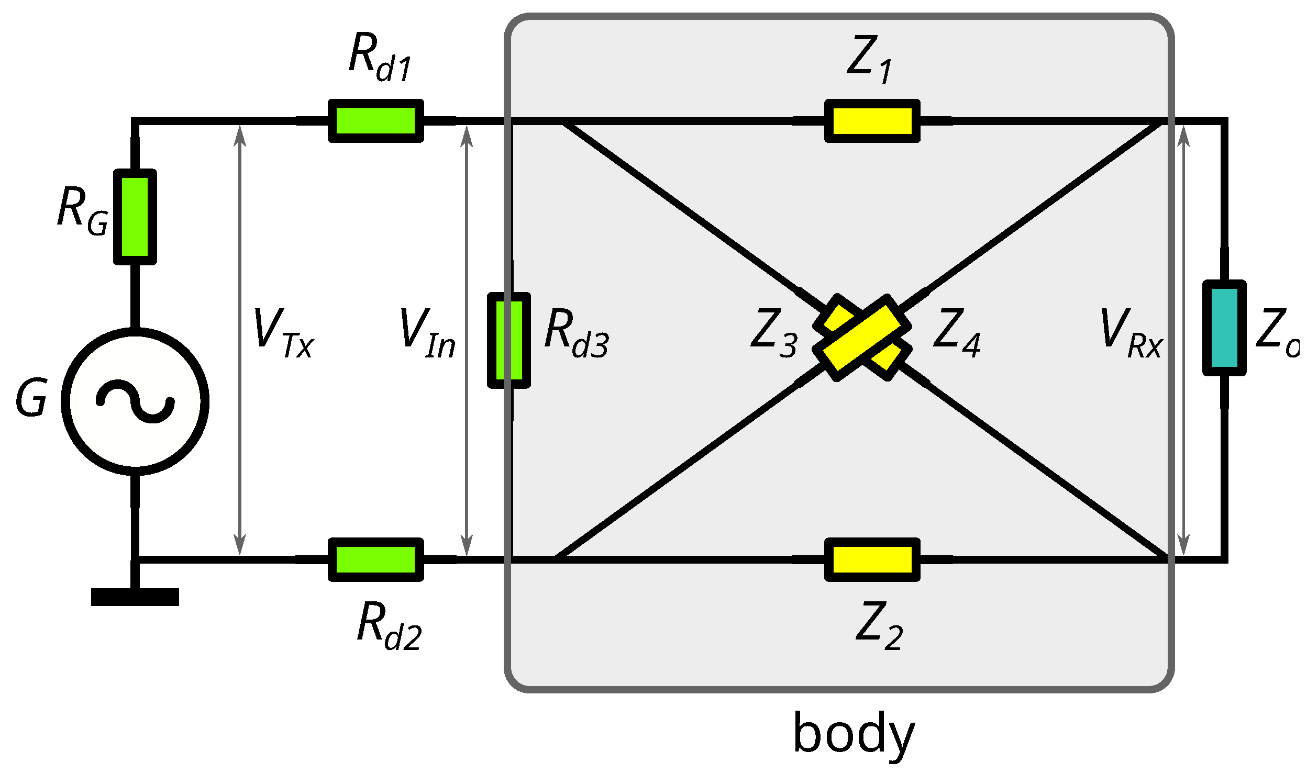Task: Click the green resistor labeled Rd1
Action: pyautogui.click(x=375, y=121)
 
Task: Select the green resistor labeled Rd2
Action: pyautogui.click(x=375, y=559)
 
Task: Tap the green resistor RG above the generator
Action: pyautogui.click(x=135, y=217)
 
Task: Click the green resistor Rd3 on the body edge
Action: pyautogui.click(x=509, y=341)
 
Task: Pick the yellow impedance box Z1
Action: pyautogui.click(x=872, y=121)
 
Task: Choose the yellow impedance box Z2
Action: pyautogui.click(x=872, y=559)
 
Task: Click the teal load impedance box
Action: pyautogui.click(x=1224, y=328)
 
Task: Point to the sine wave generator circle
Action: pyautogui.click(x=135, y=401)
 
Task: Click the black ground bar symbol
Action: pyautogui.click(x=135, y=597)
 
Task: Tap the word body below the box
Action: pyautogui.click(x=854, y=734)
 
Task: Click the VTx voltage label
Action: pyautogui.click(x=283, y=333)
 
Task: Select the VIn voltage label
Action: pyautogui.click(x=427, y=333)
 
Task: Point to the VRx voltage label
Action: pyautogui.click(x=1131, y=333)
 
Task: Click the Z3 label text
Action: pyautogui.click(x=773, y=333)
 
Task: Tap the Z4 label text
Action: pyautogui.click(x=957, y=333)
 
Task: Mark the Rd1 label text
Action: pyautogui.click(x=380, y=58)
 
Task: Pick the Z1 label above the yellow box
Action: pyautogui.click(x=869, y=59)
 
